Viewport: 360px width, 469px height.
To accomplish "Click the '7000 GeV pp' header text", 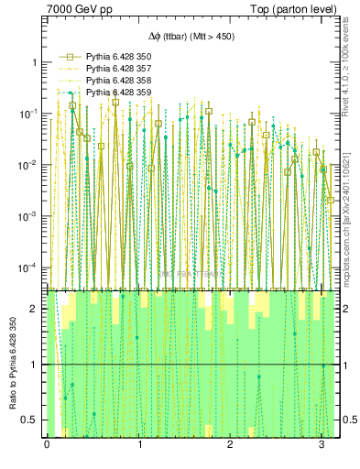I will pos(74,8).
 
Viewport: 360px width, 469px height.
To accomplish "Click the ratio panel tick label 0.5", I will pos(31,420).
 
